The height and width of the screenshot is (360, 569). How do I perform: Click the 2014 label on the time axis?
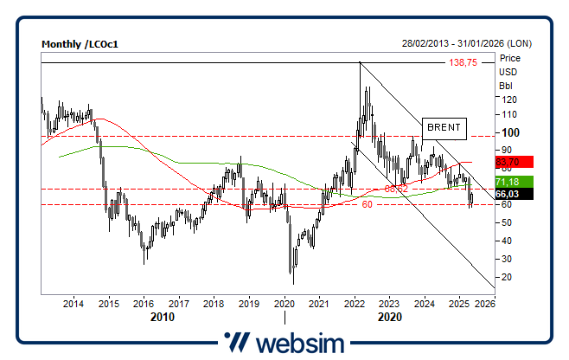click(74, 304)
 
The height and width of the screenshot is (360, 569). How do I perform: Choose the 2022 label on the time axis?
click(354, 304)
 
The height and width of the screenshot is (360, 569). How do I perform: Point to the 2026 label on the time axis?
click(486, 304)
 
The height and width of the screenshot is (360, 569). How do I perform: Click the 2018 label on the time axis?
click(214, 304)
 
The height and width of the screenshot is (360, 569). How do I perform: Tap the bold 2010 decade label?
click(162, 317)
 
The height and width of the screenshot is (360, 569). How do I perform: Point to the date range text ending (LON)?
click(466, 43)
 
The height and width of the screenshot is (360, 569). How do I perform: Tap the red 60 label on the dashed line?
click(367, 205)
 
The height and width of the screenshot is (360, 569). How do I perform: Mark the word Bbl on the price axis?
click(507, 85)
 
